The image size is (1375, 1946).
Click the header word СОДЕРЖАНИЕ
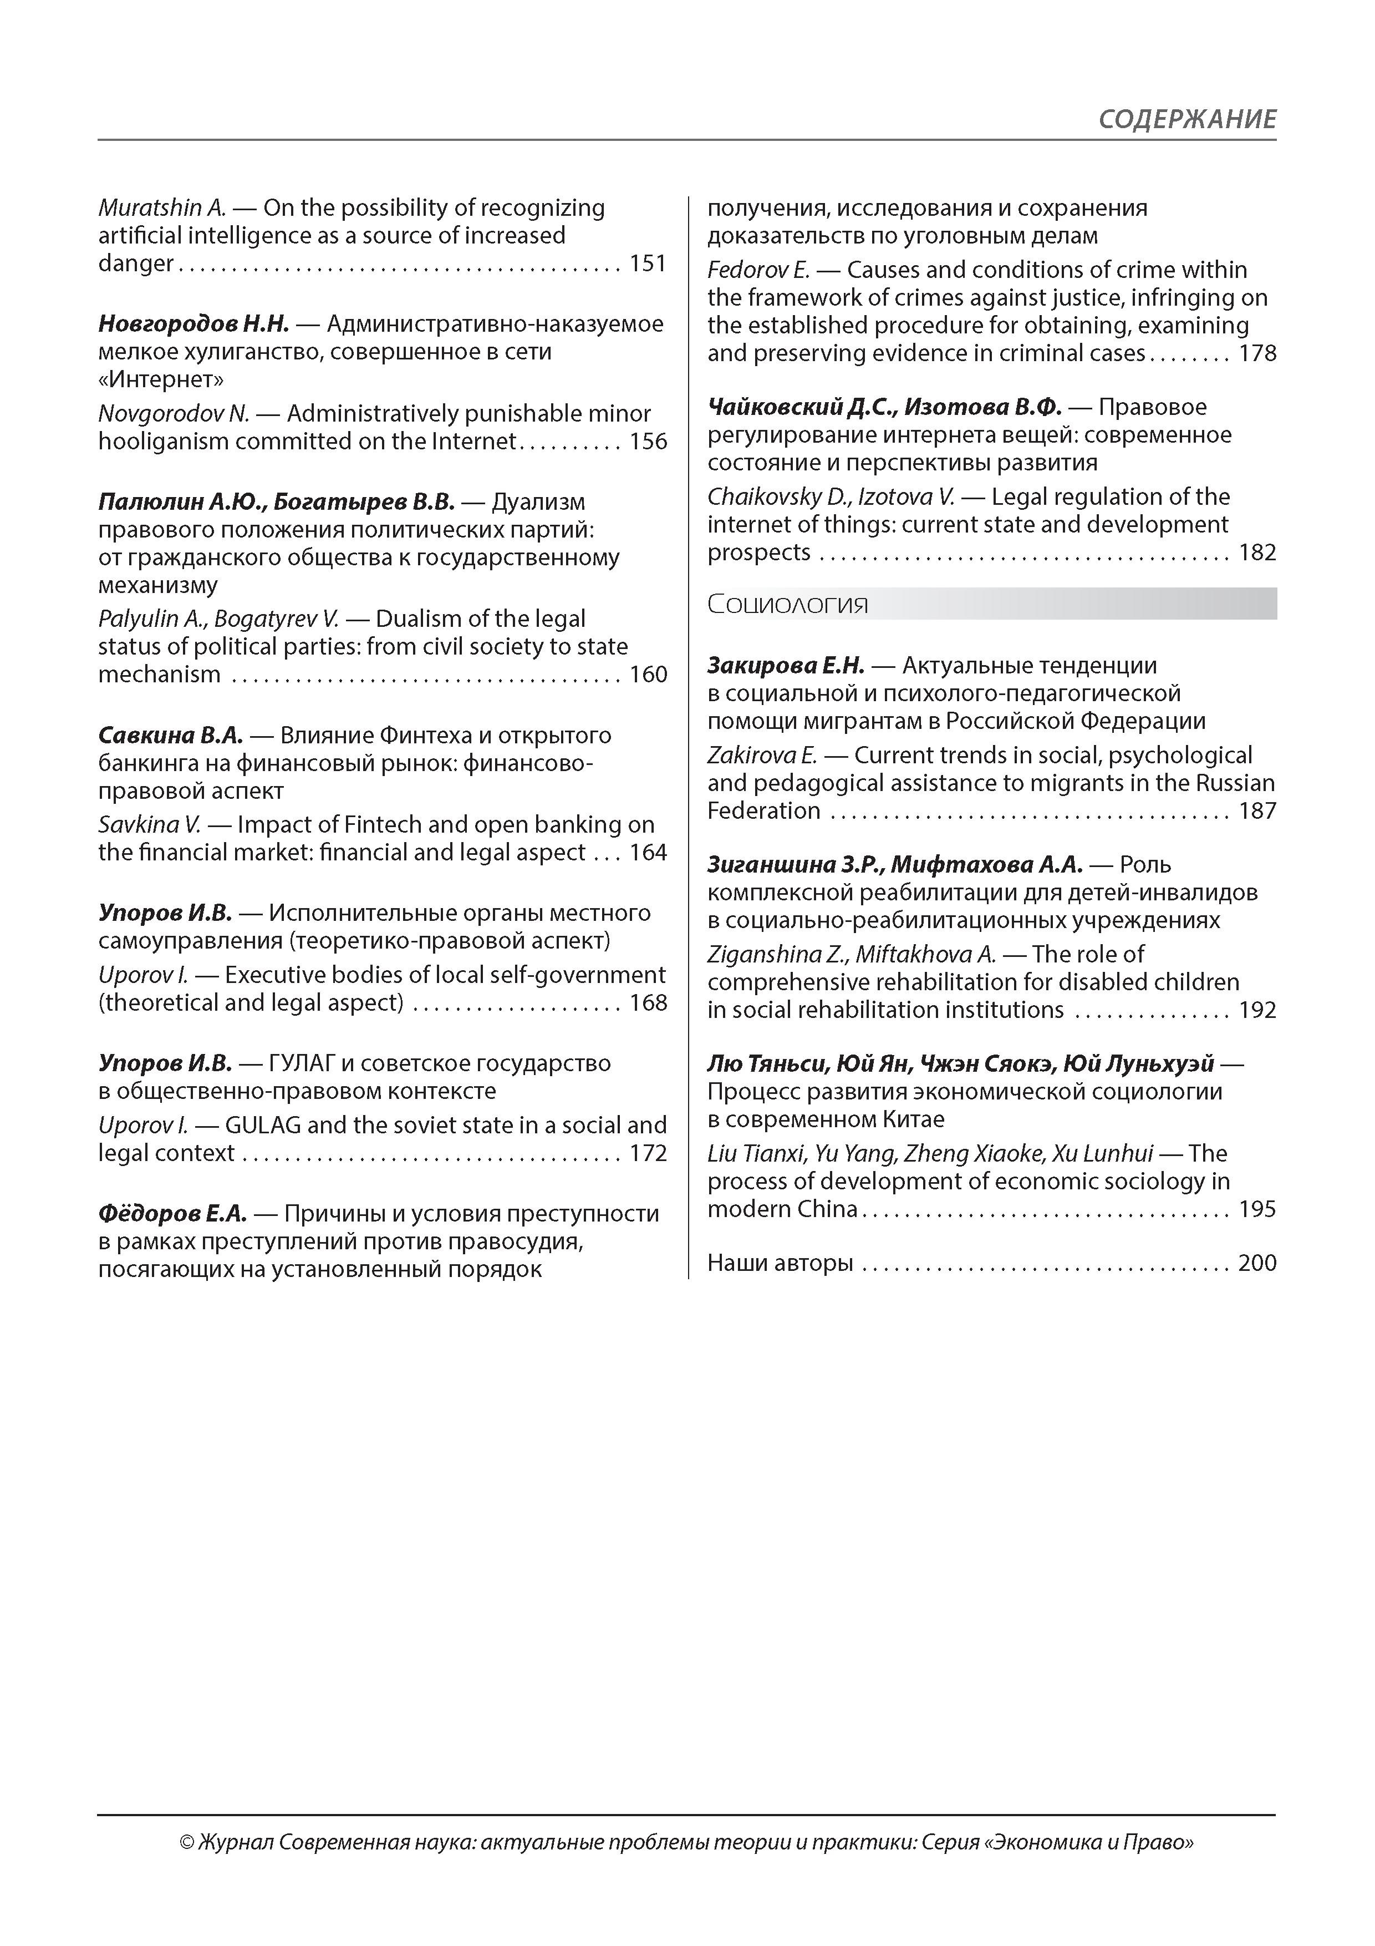click(x=1187, y=119)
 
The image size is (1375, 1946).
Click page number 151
click(x=648, y=263)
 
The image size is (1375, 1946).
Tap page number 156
click(x=648, y=442)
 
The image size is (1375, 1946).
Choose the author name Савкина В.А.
click(x=170, y=735)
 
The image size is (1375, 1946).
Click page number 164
click(x=648, y=853)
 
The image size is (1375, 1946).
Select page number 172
click(x=648, y=1153)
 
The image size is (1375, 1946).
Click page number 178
click(x=1257, y=353)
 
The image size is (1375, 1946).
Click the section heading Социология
click(x=788, y=604)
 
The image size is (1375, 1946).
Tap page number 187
click(x=1257, y=811)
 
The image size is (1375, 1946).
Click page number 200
click(x=1257, y=1263)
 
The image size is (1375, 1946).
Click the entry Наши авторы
click(x=780, y=1263)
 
